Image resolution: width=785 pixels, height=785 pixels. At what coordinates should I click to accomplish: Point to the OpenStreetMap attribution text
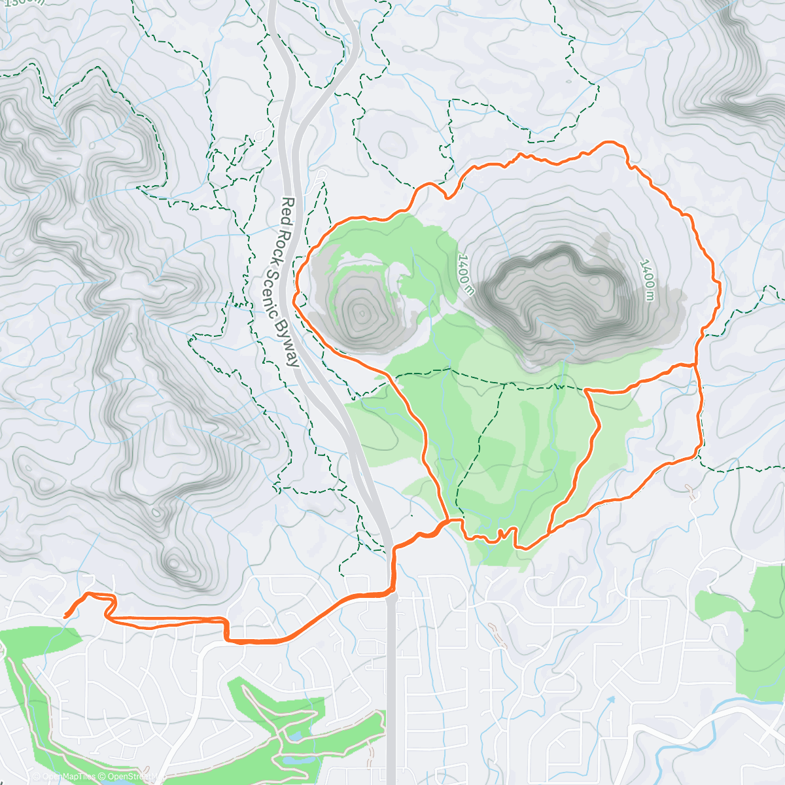coord(134,776)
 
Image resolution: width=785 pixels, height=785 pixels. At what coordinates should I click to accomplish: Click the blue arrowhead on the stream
coord(611,699)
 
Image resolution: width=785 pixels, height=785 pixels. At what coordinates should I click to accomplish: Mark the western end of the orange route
coord(65,616)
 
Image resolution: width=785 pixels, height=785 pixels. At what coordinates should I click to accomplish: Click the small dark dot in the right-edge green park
coord(746,630)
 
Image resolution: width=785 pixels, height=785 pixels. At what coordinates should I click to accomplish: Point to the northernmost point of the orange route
coord(612,142)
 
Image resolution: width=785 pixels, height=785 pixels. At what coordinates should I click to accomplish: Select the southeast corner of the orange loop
coord(700,451)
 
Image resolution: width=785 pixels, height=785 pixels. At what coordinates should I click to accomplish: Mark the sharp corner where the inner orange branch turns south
coord(586,391)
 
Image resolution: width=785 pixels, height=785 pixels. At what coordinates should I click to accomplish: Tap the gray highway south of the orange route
coord(391,687)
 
